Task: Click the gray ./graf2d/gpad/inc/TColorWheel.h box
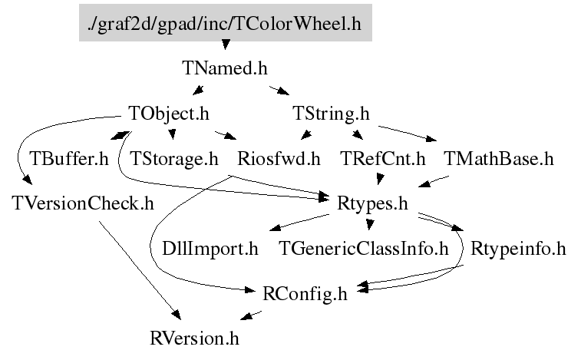225,24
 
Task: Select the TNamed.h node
225,68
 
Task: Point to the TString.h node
332,114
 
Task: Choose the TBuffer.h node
69,159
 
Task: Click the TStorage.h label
174,159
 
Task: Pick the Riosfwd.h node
279,159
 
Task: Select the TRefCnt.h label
382,159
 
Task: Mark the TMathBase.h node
498,159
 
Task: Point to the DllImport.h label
210,249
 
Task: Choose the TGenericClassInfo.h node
363,249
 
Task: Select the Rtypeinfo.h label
518,249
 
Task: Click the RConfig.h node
305,293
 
